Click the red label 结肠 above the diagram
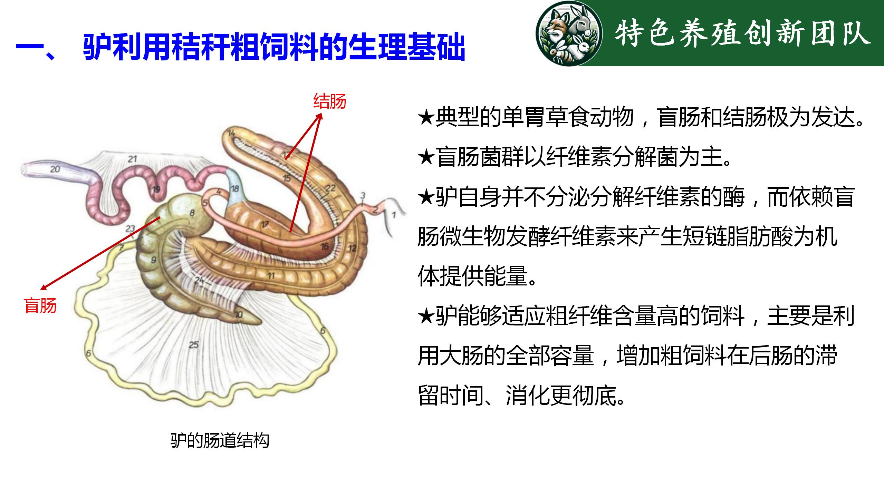330,101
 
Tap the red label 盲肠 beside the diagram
40,305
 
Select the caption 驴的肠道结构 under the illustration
220,440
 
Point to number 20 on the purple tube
55,169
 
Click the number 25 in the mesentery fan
194,344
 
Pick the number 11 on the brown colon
271,275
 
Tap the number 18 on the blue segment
235,188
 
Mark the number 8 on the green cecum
192,213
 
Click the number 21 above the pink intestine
133,159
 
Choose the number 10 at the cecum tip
239,314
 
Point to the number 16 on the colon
325,246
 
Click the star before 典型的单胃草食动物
426,118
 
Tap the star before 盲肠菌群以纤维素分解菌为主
426,157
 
